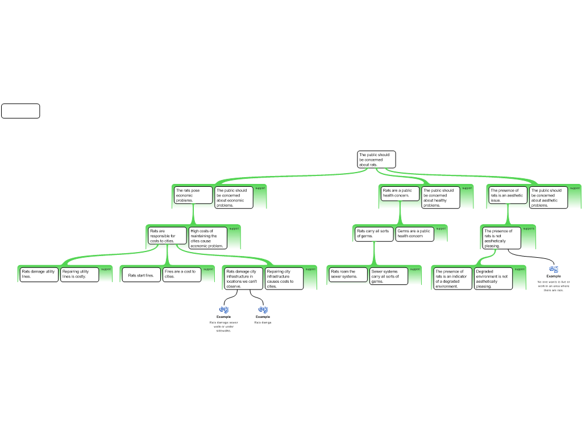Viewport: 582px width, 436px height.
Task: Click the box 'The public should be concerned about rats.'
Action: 376,160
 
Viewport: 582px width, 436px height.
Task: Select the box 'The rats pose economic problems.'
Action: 193,195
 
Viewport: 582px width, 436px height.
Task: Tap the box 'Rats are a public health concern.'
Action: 400,194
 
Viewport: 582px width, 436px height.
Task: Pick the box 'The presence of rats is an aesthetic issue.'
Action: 508,195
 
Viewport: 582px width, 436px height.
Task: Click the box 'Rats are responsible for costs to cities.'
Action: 167,236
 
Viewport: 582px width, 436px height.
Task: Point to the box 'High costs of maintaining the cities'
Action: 207,238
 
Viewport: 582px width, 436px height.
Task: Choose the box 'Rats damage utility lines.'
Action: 39,274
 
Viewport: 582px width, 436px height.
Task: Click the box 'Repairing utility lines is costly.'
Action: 80,274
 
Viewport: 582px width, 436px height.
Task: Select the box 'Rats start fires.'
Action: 141,275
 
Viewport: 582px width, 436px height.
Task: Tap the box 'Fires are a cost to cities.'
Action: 182,274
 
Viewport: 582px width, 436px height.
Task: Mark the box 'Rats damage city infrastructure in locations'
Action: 243,279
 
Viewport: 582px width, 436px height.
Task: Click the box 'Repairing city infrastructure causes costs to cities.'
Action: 284,279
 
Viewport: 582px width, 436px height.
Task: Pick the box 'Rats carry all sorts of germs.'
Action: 374,234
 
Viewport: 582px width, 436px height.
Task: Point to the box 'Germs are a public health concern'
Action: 415,234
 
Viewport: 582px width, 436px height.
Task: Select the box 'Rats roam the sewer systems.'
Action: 348,275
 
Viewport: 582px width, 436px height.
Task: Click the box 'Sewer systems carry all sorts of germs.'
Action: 389,276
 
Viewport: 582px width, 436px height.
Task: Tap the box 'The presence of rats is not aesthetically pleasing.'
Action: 501,238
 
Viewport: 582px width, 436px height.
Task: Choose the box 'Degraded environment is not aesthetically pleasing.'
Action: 493,279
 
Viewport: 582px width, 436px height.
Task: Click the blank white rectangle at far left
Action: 20,111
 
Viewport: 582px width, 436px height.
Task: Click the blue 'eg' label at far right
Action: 554,269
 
